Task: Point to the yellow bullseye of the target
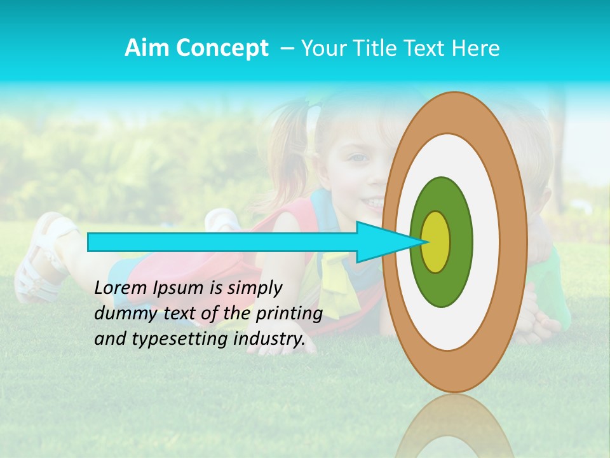pyautogui.click(x=436, y=242)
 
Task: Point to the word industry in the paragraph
pyautogui.click(x=267, y=339)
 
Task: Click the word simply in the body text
pyautogui.click(x=254, y=288)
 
